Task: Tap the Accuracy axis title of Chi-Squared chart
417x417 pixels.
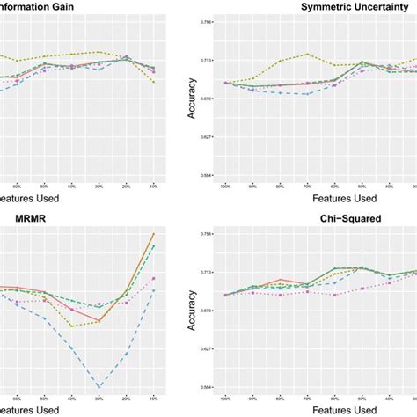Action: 192,310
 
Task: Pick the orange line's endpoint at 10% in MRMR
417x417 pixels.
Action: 154,234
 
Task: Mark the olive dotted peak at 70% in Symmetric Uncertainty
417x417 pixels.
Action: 306,54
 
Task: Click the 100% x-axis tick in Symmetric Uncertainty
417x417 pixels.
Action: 225,187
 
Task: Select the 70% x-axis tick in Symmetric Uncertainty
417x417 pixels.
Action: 306,187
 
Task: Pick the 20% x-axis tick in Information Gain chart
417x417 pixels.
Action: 127,187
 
